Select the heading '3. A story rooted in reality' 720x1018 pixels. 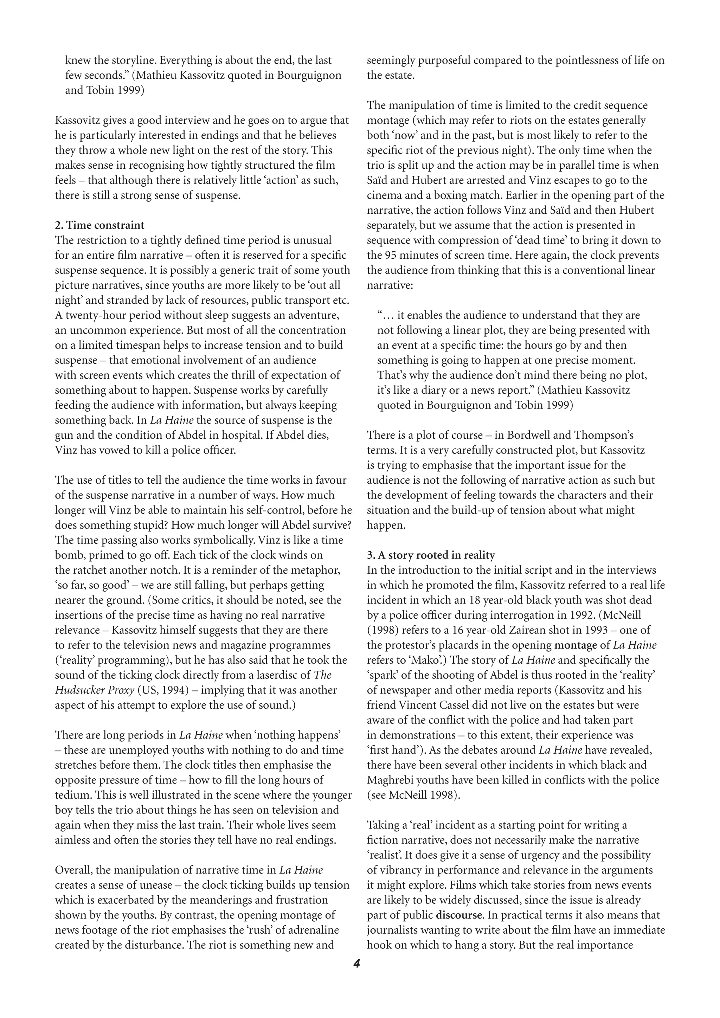click(431, 555)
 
